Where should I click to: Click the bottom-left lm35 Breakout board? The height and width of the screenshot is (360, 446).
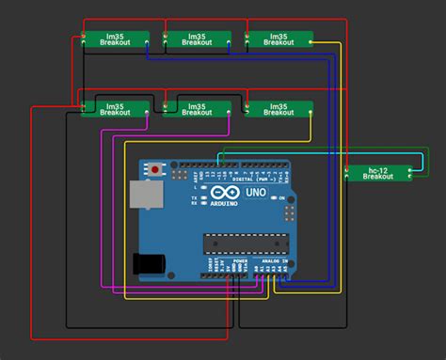point(116,108)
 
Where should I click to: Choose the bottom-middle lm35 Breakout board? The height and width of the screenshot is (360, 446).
point(197,108)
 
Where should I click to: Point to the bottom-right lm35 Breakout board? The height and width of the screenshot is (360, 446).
point(278,108)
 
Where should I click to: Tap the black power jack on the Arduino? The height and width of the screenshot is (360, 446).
point(148,264)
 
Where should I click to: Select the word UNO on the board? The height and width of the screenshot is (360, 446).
point(256,193)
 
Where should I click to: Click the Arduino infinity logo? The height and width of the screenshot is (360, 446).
point(225,193)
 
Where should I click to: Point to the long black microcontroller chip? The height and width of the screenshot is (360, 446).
point(242,243)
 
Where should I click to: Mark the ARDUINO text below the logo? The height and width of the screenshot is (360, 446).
point(225,203)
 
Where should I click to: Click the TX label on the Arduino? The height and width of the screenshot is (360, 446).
point(194,198)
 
